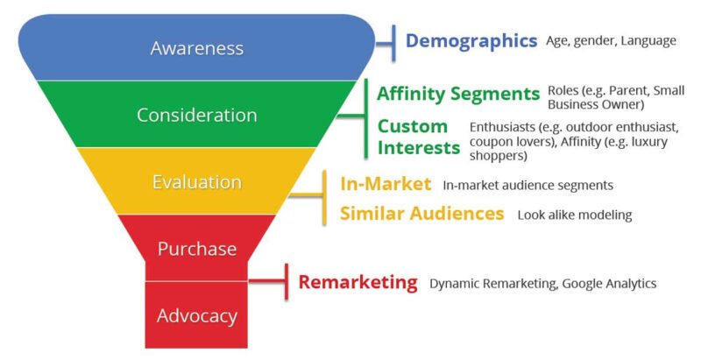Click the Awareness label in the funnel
197,48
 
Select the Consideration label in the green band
197,116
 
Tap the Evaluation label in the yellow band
197,182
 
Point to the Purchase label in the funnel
197,249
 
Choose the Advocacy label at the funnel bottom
197,316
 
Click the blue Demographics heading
471,41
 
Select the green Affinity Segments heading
458,94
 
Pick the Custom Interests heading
419,138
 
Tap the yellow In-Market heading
386,184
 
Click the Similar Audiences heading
422,214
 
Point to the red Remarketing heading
358,283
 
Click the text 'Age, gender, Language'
611,41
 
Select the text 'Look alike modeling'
575,215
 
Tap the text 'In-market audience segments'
528,185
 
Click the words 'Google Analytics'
609,284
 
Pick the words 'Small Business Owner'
616,98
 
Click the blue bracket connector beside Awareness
386,43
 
